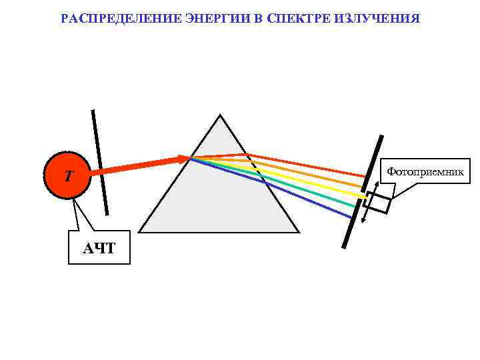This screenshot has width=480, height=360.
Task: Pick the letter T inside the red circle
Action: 68,177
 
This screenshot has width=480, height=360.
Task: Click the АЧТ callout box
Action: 99,248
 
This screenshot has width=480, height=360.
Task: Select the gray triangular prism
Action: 220,200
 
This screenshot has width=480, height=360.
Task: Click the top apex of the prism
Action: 220,117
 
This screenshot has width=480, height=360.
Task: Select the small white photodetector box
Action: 378,203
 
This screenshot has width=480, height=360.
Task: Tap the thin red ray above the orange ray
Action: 307,165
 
